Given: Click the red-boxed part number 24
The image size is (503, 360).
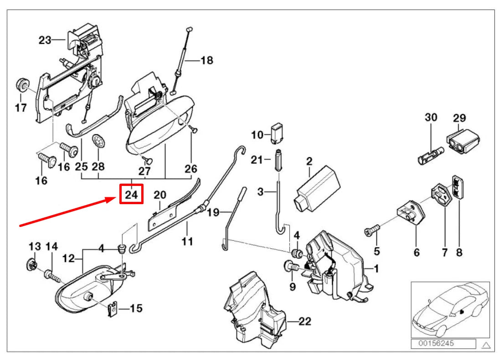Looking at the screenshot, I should coord(131,194).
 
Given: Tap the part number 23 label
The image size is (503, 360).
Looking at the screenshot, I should coord(45,40).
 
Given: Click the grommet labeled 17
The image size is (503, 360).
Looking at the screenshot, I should coord(21,85).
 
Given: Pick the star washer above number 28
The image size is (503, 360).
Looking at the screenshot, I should coord(98,141).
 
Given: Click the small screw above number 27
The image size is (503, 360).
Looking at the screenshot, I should coord(148,159).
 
